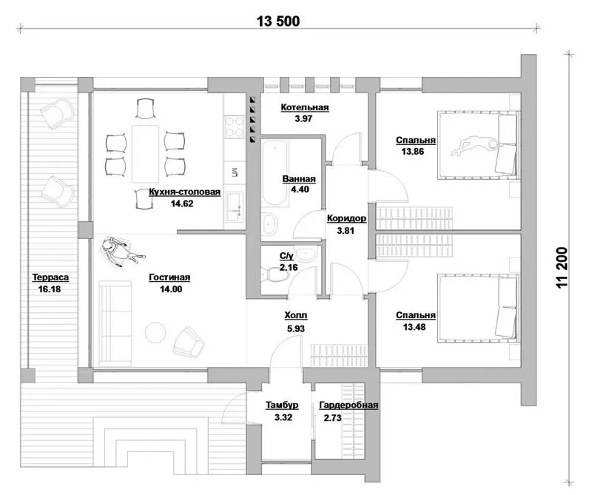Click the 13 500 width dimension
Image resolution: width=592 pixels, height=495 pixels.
[x=278, y=21]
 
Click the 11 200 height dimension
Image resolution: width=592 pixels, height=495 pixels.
[x=562, y=268]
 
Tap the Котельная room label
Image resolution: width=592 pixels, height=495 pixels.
[x=305, y=107]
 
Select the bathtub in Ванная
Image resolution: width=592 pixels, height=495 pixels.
[x=275, y=173]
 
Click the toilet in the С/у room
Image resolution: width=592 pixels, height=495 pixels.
[x=275, y=275]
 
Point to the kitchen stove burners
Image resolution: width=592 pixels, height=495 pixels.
[x=234, y=127]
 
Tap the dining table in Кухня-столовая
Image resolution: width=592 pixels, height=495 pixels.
[x=145, y=154]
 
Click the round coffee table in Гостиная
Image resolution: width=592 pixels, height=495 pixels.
[x=155, y=332]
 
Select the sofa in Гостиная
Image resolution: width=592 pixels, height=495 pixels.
[x=115, y=323]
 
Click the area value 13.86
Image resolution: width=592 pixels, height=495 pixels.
[x=413, y=152]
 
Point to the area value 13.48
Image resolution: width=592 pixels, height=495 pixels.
[x=414, y=327]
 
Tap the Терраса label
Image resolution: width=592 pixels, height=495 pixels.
[x=50, y=277]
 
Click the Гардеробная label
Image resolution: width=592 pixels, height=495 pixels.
[x=349, y=405]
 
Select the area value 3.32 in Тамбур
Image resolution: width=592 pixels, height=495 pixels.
[x=283, y=417]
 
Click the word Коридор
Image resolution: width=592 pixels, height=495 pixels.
[x=346, y=218]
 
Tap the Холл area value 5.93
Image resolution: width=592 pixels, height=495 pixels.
[x=295, y=329]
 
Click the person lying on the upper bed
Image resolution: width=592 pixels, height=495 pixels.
[x=475, y=146]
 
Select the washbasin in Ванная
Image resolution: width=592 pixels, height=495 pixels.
[x=269, y=224]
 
